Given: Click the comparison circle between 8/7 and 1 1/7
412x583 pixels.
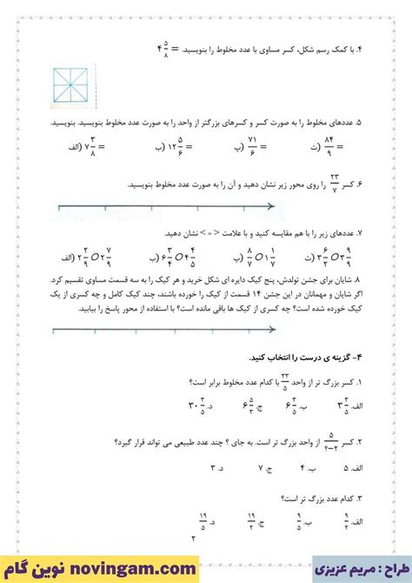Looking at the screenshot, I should pos(255,258).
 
